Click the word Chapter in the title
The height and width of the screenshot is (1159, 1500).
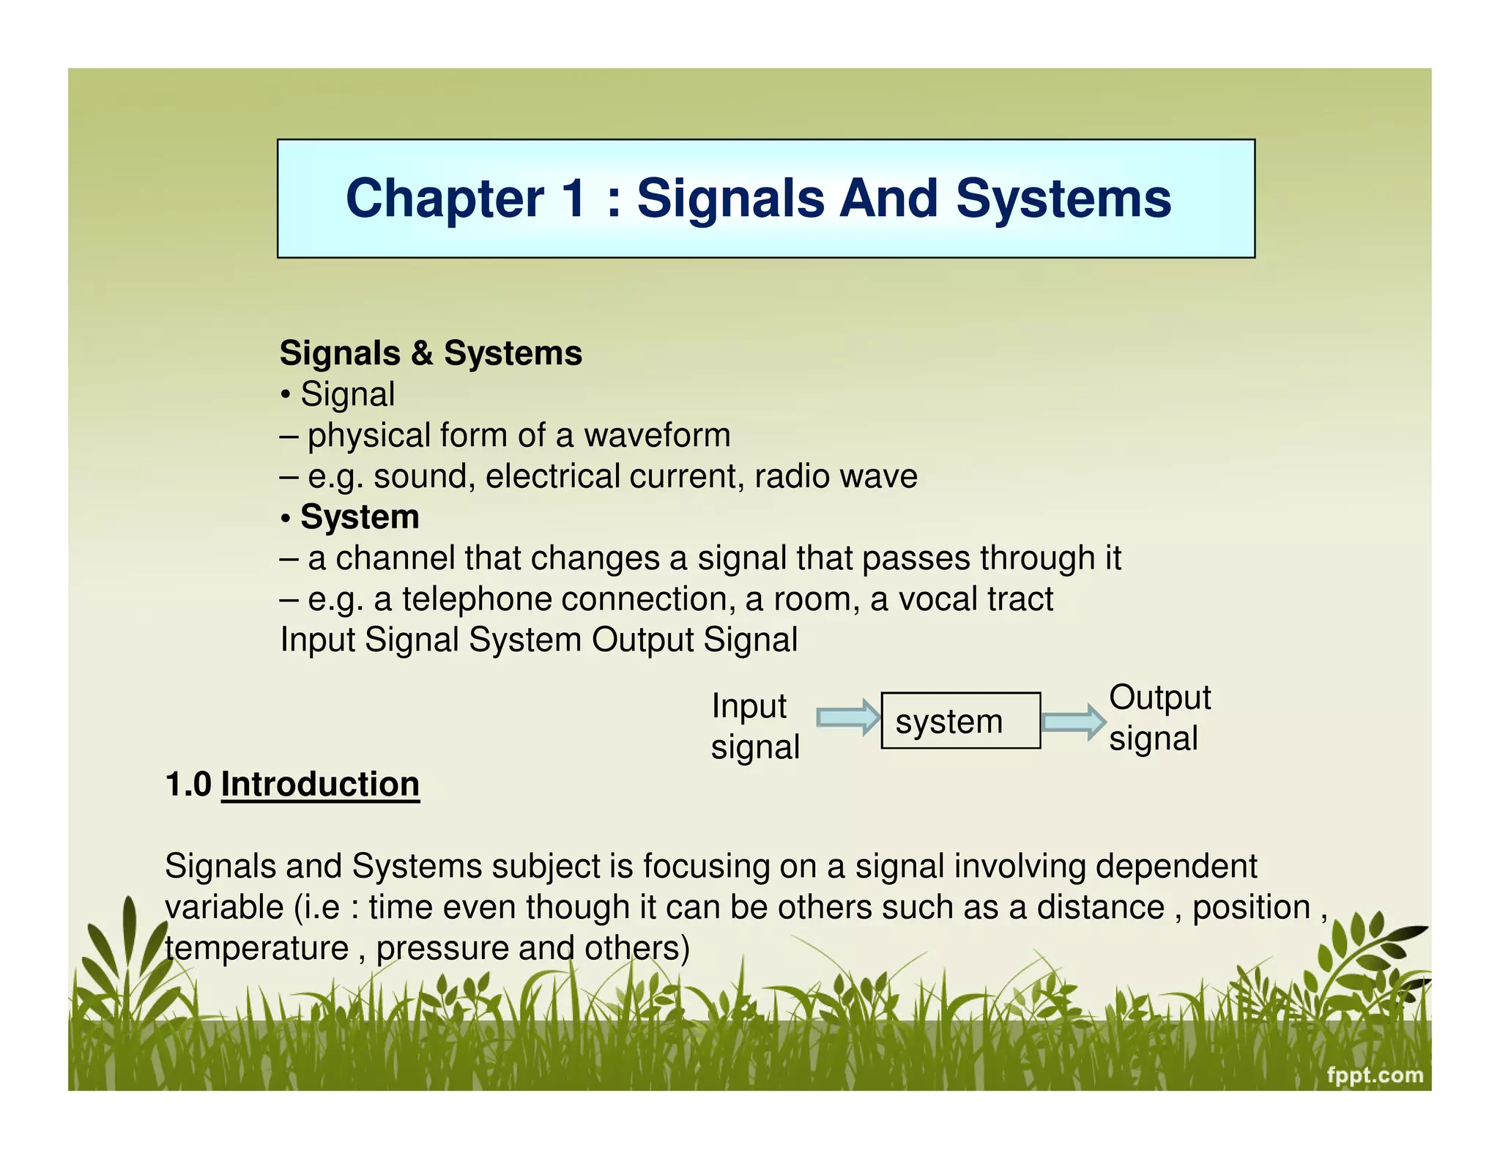click(x=445, y=199)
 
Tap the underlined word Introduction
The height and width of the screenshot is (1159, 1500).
click(x=320, y=785)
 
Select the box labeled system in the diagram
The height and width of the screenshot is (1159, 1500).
click(x=960, y=721)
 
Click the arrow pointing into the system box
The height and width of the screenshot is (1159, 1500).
click(x=848, y=717)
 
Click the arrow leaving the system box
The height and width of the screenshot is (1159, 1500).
click(x=1073, y=722)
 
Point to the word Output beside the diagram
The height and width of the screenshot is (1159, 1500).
click(x=1159, y=697)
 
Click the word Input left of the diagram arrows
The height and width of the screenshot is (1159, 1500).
click(x=749, y=706)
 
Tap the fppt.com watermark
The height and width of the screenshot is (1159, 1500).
click(x=1375, y=1075)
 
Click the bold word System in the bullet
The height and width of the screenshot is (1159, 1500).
click(x=360, y=517)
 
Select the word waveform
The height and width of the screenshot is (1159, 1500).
click(x=657, y=435)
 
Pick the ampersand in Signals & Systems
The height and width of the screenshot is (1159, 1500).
click(x=422, y=353)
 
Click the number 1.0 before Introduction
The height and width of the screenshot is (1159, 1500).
click(x=188, y=785)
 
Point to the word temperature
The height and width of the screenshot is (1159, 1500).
click(x=256, y=948)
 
